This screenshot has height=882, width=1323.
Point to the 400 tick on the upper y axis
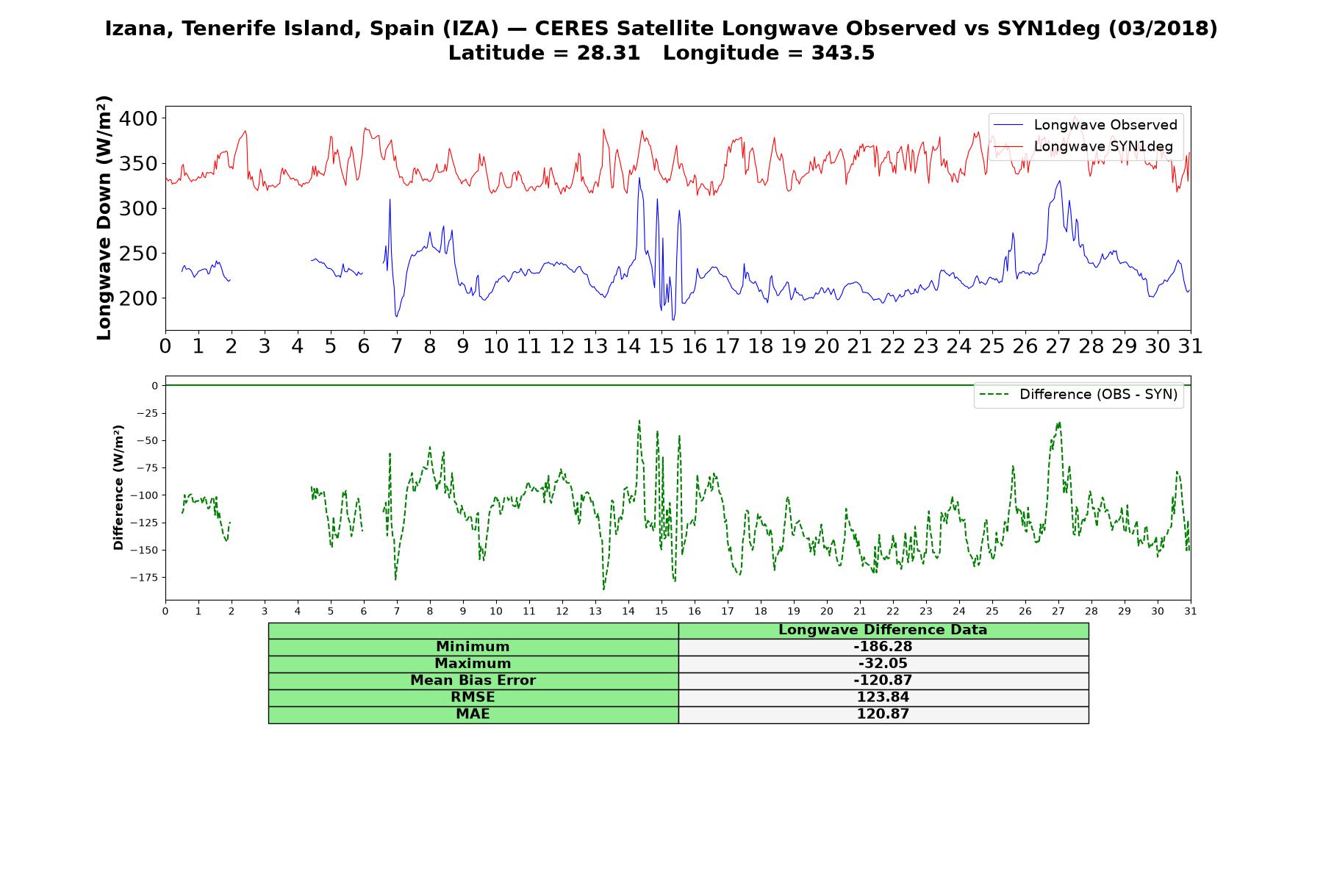[139, 118]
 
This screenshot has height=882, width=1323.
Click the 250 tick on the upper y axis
[139, 254]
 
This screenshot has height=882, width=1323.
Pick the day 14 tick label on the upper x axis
[628, 346]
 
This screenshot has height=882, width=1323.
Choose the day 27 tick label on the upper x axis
[1058, 346]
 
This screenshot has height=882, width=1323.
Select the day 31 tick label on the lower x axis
[1190, 611]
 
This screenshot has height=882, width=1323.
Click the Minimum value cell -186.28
[883, 647]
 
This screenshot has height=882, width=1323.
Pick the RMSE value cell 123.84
[883, 697]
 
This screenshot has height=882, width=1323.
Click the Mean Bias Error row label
[473, 681]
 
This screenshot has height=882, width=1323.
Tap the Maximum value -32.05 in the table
[883, 664]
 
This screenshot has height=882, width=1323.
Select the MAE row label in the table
[473, 714]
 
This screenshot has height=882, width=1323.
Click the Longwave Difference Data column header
[883, 630]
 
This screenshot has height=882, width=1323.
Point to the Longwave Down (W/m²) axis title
[104, 218]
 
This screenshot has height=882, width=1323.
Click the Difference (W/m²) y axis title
[118, 487]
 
